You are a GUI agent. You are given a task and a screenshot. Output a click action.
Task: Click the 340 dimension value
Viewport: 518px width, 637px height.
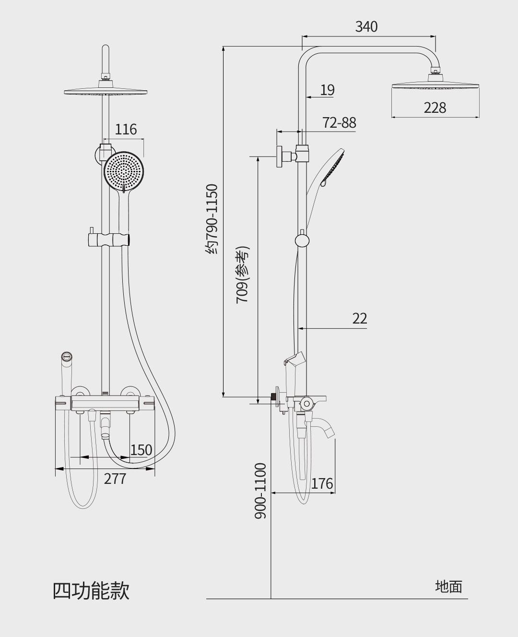(x=366, y=26)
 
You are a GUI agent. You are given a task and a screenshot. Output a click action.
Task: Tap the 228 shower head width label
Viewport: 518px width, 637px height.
(x=435, y=108)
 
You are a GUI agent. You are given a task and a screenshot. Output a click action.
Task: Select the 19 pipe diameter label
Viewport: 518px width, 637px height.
(x=328, y=90)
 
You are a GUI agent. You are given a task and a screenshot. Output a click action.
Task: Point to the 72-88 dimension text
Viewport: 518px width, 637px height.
(x=340, y=122)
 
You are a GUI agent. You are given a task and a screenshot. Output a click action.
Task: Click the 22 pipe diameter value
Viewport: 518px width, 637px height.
(x=360, y=318)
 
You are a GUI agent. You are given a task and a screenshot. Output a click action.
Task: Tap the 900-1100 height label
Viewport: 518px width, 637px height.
(x=260, y=491)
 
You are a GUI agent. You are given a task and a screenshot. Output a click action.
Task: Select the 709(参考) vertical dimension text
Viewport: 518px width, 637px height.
(x=242, y=275)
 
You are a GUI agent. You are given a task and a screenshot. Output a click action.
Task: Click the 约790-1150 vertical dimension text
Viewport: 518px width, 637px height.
(x=212, y=219)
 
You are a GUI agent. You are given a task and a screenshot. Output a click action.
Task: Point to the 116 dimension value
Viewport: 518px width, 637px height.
(x=126, y=129)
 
